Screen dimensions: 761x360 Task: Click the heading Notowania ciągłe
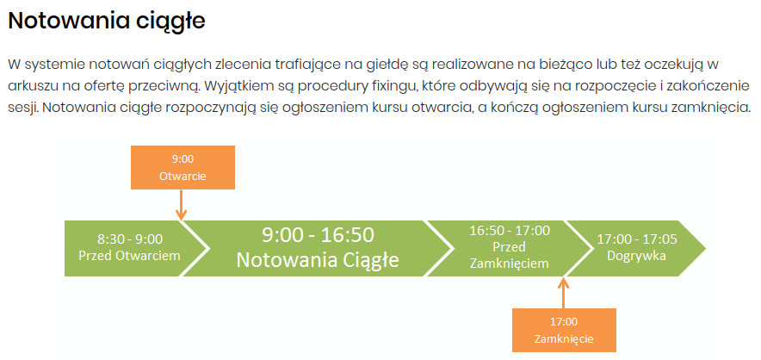coord(107,22)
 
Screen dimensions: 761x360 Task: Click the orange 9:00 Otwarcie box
coord(183,167)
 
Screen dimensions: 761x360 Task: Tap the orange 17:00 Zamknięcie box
coord(564,330)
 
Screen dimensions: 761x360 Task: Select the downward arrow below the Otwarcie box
coord(181,205)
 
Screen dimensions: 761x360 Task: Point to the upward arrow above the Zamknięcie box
coord(563,292)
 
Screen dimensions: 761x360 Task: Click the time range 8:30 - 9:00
coord(130,239)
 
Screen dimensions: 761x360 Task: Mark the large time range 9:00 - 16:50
coord(318,235)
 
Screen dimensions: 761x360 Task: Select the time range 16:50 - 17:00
coord(510,230)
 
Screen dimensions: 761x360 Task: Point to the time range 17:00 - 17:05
coord(637,239)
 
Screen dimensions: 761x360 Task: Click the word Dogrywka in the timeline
coord(637,256)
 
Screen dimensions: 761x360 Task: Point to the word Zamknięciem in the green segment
coord(510,264)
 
